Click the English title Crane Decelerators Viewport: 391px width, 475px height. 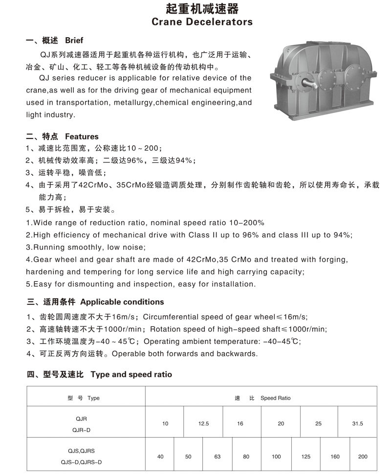click(x=202, y=22)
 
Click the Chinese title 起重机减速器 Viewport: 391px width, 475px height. click(x=201, y=8)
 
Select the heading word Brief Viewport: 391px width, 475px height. click(x=74, y=40)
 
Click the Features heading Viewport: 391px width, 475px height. click(x=82, y=136)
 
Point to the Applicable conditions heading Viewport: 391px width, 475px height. click(x=122, y=302)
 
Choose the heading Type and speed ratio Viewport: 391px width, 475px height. click(x=131, y=374)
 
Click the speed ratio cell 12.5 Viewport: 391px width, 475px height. click(x=203, y=424)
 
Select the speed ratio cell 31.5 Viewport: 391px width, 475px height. click(x=357, y=424)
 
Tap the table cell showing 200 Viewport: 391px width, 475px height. click(x=363, y=456)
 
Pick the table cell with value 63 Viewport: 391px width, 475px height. click(x=217, y=456)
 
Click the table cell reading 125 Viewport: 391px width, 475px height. click(x=306, y=456)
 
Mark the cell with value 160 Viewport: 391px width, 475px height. click(x=335, y=456)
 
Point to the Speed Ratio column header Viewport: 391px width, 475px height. click(x=275, y=398)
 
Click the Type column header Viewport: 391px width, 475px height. click(x=93, y=398)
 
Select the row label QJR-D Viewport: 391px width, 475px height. click(x=81, y=430)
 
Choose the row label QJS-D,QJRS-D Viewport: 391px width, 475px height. click(x=81, y=462)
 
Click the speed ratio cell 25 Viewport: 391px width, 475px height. click(x=319, y=424)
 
